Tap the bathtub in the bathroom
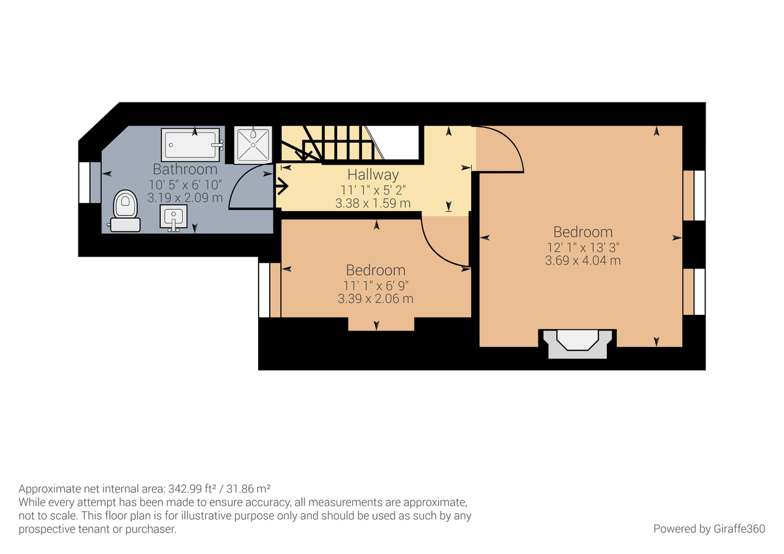point(191,143)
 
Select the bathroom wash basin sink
point(173,218)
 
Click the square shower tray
point(252,144)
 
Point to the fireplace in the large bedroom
point(576,343)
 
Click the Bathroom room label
point(185,169)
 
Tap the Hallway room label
point(372,174)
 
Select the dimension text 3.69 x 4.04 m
point(583,260)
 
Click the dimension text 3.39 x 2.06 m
point(376,299)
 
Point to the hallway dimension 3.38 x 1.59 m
point(372,203)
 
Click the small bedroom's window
point(265,289)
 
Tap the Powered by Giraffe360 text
point(709,529)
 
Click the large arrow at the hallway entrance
point(282,187)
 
